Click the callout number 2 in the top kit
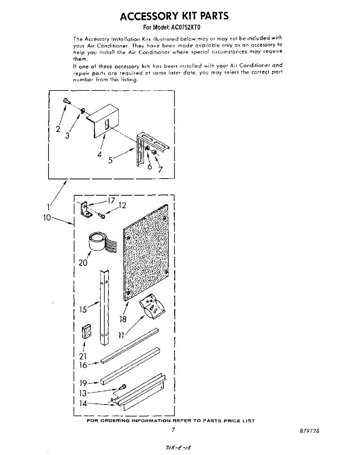(x=58, y=129)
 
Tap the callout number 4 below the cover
(x=99, y=154)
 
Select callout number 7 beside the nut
(x=160, y=169)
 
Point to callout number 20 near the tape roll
(x=83, y=262)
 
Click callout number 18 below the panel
(x=123, y=319)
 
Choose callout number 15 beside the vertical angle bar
(x=83, y=309)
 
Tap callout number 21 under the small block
(x=83, y=356)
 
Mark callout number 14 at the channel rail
(x=83, y=403)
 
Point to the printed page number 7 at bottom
(x=173, y=430)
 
